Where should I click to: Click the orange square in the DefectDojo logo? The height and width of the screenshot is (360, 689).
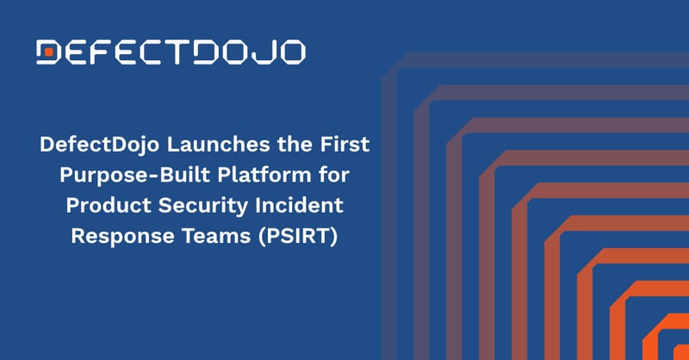point(49,53)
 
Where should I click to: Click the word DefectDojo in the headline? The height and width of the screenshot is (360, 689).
point(99,145)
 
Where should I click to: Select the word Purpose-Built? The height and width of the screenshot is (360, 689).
point(134,176)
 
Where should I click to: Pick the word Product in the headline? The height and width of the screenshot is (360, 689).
point(109,205)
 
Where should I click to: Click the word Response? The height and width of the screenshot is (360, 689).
point(122,237)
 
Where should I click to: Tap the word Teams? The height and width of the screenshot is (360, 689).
point(216,236)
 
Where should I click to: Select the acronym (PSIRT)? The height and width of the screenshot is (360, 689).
point(298,237)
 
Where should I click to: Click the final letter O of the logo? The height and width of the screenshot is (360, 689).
point(291,53)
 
